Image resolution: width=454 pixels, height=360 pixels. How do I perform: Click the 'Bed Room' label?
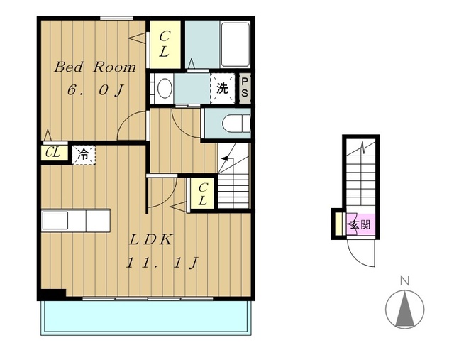click(95, 67)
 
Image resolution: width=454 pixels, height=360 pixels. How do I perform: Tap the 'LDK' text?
click(150, 240)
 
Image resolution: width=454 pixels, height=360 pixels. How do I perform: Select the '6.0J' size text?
click(96, 90)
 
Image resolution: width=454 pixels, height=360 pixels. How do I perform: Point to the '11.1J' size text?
click(162, 263)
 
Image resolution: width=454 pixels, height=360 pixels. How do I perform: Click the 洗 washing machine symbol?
click(222, 88)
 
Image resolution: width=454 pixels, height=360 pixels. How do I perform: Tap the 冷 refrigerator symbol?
click(84, 155)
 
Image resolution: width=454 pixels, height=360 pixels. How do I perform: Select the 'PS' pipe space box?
click(245, 88)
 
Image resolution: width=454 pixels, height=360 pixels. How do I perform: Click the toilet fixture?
click(236, 124)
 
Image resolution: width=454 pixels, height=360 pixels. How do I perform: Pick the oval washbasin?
click(165, 88)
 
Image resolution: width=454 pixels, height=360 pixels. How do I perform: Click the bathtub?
click(235, 44)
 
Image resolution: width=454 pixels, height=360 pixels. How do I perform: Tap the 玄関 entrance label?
click(360, 224)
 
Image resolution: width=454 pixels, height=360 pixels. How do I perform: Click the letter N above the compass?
click(404, 281)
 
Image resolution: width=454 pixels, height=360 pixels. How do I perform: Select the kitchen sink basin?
click(55, 220)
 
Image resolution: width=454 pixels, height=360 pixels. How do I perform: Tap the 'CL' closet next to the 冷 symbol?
click(55, 153)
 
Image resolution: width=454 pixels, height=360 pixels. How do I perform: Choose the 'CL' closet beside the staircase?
click(202, 193)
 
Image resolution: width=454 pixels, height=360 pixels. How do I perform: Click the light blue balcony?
click(145, 318)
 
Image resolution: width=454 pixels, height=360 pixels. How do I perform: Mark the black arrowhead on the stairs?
click(225, 158)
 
